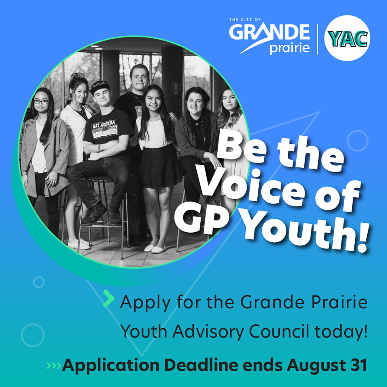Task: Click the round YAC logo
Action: point(347,38)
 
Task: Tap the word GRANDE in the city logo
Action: point(269,32)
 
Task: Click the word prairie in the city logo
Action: point(289,48)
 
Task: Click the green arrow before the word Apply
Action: point(108,298)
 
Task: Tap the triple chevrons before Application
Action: point(54,366)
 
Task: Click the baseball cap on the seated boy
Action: point(100,87)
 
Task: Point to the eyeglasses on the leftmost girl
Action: point(41,102)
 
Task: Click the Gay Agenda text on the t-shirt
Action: point(104,125)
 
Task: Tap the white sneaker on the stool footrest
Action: point(79,244)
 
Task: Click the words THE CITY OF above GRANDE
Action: point(245,19)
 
